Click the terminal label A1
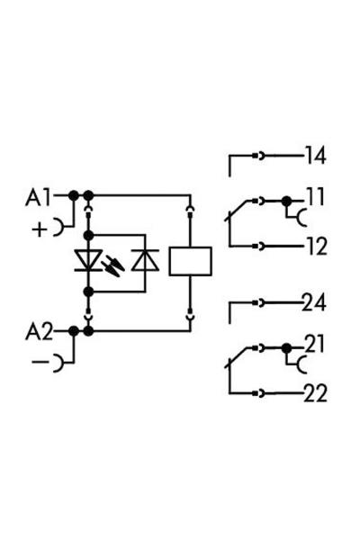point(41,194)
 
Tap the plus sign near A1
point(39,229)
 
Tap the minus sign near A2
point(39,364)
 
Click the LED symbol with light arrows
point(90,261)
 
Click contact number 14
point(314,156)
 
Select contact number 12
point(314,246)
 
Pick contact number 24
point(314,303)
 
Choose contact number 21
point(314,344)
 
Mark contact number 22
point(314,393)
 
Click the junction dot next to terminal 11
point(287,201)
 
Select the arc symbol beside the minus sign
point(59,364)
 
